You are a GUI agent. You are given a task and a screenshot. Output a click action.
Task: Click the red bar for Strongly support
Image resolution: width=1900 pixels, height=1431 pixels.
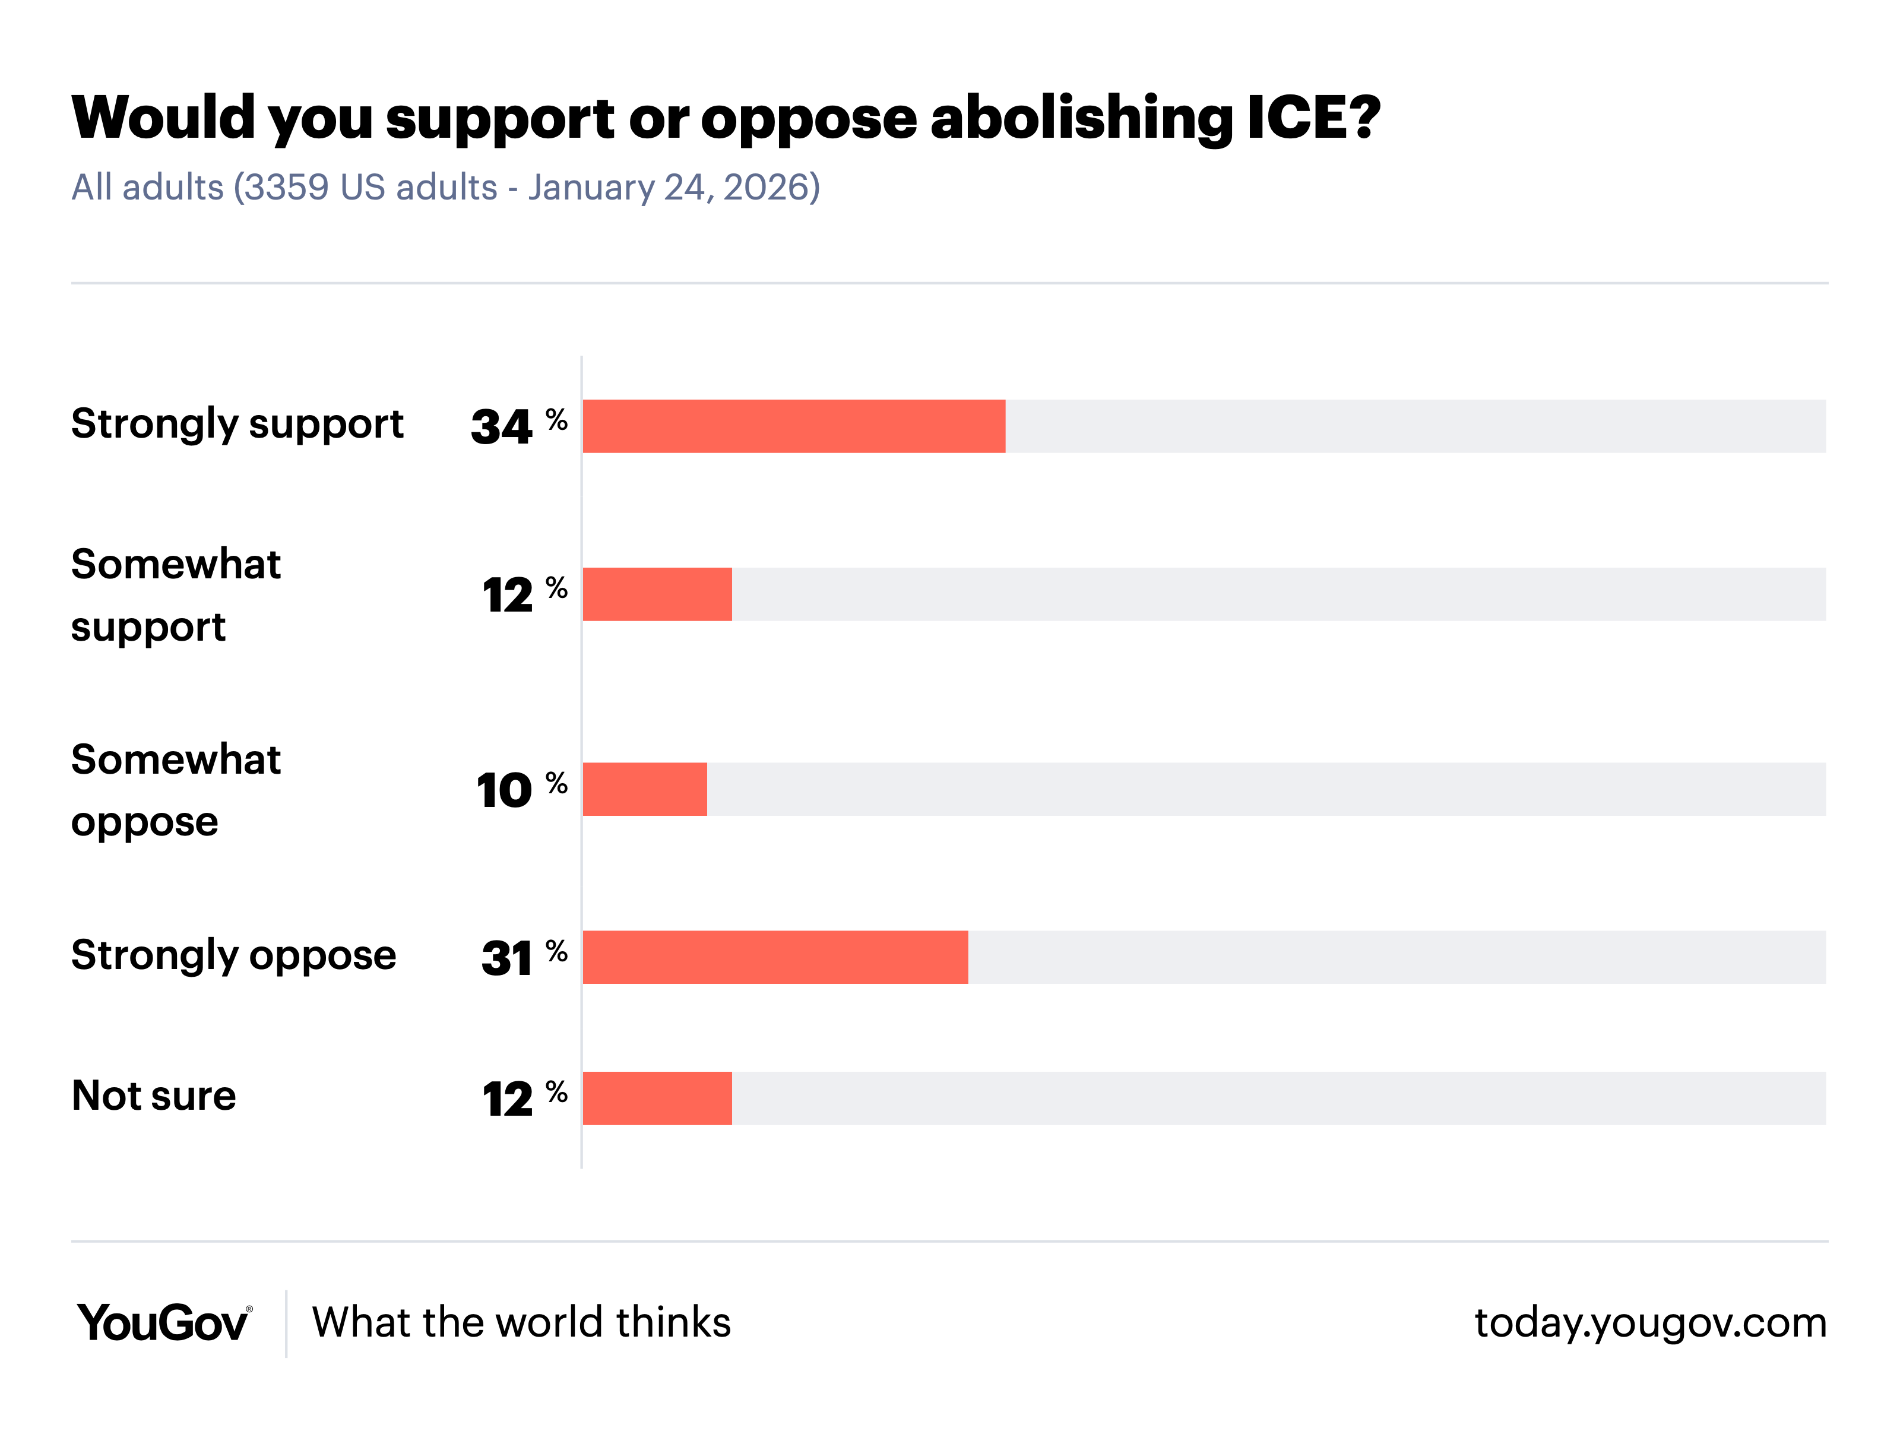(x=794, y=426)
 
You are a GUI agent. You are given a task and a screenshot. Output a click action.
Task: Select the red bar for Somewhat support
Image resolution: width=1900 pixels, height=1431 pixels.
(x=657, y=594)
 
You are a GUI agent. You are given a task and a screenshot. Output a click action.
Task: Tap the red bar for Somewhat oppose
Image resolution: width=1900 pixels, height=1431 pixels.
(x=644, y=789)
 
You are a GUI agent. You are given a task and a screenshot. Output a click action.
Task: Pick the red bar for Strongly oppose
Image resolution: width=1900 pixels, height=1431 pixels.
(x=775, y=957)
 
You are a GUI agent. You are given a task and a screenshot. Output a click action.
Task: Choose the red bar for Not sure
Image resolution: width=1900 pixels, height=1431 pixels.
(x=657, y=1098)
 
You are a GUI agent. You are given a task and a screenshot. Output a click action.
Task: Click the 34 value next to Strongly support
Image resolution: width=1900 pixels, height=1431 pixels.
(x=502, y=427)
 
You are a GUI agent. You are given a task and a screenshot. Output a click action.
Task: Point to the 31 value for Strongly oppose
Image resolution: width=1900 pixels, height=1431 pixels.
(x=507, y=958)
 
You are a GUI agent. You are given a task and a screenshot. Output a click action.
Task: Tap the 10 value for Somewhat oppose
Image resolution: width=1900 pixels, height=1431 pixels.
(x=504, y=790)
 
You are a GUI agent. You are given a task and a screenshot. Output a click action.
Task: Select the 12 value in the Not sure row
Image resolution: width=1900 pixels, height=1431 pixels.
(x=508, y=1100)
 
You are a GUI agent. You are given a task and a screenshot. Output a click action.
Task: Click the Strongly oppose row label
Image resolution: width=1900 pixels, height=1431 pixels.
(x=233, y=956)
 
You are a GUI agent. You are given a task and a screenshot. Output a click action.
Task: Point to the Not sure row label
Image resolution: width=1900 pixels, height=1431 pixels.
(x=154, y=1096)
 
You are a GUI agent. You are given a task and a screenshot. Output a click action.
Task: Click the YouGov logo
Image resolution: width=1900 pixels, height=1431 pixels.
(x=164, y=1323)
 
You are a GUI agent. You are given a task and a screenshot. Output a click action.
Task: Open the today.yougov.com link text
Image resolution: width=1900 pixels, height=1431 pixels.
(x=1650, y=1323)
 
